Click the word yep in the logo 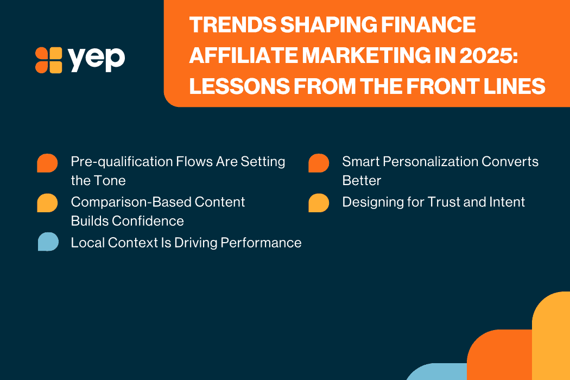click(97, 59)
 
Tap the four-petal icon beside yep click(48, 60)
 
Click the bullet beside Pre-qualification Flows click(47, 163)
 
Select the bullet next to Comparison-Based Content click(47, 203)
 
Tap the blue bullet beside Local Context click(48, 242)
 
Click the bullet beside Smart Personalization click(319, 163)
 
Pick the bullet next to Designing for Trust click(319, 203)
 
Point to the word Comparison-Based click(131, 202)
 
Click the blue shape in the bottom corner click(436, 371)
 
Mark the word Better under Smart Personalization click(362, 180)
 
